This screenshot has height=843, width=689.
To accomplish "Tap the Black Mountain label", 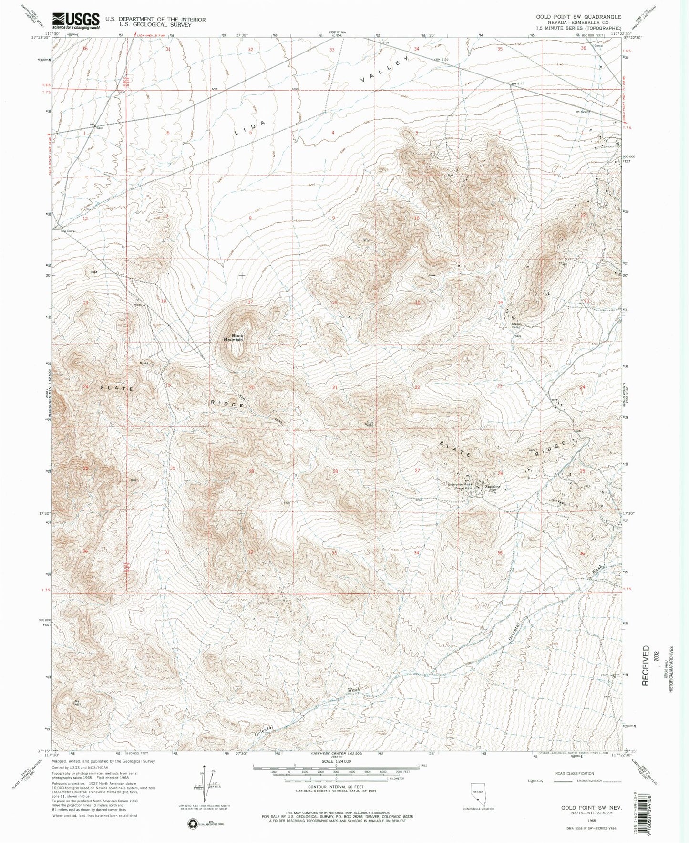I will pyautogui.click(x=237, y=337).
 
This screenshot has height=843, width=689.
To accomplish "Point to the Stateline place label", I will pyautogui.click(x=492, y=487).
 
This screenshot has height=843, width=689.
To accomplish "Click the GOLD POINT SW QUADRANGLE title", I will pyautogui.click(x=578, y=16).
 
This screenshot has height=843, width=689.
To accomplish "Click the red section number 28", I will pyautogui.click(x=335, y=471).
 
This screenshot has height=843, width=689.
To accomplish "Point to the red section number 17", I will pyautogui.click(x=250, y=302).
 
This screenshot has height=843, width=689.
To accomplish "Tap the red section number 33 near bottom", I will pyautogui.click(x=335, y=552).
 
